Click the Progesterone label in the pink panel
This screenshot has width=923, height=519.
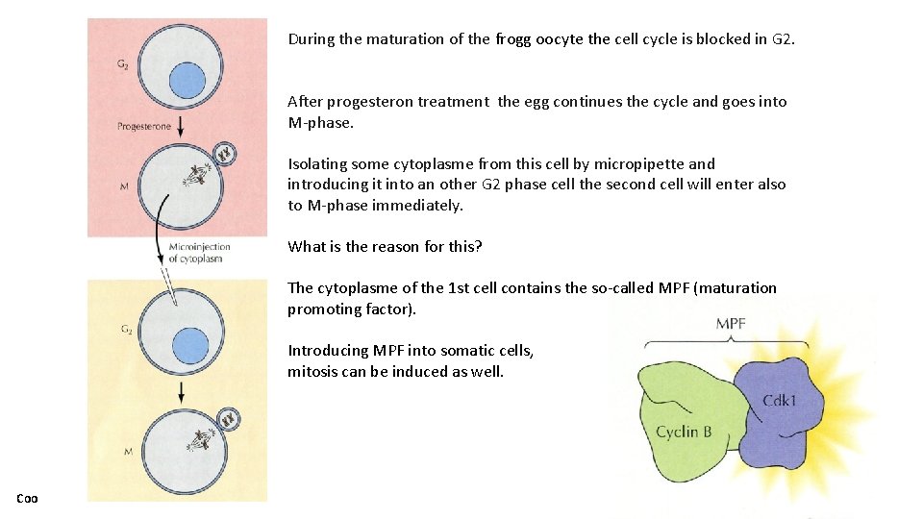click(144, 126)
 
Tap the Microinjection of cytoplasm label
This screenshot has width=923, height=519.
click(199, 252)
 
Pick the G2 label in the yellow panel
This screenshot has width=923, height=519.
click(126, 330)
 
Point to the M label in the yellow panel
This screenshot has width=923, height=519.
click(128, 451)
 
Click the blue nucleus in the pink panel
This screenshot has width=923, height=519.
click(187, 81)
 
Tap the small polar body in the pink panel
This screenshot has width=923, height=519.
click(226, 153)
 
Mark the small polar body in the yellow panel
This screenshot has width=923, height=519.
click(228, 418)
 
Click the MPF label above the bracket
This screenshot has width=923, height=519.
click(731, 323)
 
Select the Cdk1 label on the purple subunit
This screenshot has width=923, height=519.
click(779, 400)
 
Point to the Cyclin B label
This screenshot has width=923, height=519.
click(684, 432)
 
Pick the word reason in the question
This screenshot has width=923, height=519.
click(385, 246)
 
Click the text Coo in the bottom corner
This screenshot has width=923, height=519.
click(26, 498)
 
